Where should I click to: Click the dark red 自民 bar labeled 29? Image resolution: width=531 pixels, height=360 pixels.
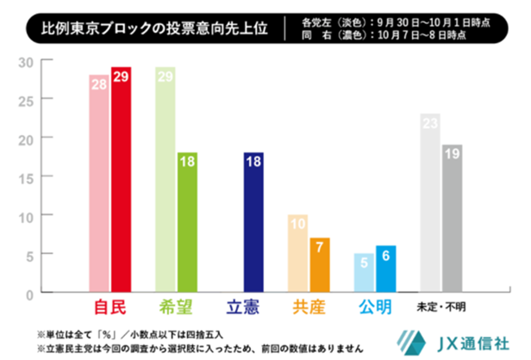[x=122, y=180]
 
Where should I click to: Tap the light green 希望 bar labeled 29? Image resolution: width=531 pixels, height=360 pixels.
[x=166, y=180]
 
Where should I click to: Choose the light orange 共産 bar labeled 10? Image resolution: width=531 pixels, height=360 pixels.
[x=297, y=253]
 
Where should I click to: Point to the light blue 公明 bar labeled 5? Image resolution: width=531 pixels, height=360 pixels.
[x=364, y=273]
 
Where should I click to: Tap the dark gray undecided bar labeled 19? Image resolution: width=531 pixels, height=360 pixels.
[x=453, y=219]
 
